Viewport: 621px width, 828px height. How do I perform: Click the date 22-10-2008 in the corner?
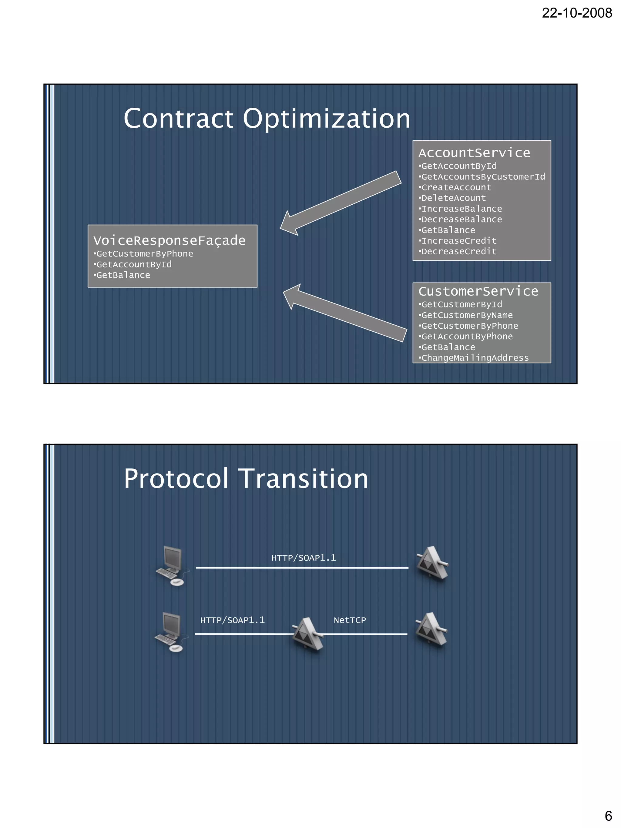(x=576, y=13)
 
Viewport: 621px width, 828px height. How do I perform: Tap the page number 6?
(x=608, y=815)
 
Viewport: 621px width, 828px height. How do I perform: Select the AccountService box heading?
(x=474, y=153)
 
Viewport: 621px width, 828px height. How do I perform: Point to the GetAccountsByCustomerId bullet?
(x=483, y=177)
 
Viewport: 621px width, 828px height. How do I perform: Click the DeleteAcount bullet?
(x=453, y=198)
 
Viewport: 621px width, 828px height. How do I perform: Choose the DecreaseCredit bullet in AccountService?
(x=458, y=252)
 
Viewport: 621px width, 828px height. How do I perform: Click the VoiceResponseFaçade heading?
(x=169, y=240)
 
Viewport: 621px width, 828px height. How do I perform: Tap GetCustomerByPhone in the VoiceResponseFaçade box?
(x=145, y=254)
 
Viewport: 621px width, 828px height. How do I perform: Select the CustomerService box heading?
(x=478, y=291)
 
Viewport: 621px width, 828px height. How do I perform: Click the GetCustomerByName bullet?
(x=467, y=315)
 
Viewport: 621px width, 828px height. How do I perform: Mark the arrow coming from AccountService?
(x=341, y=203)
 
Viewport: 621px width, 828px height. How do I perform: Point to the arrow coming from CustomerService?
(x=344, y=313)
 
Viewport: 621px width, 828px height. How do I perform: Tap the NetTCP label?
(x=350, y=620)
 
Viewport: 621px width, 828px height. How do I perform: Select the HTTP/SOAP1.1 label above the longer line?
(x=304, y=558)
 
